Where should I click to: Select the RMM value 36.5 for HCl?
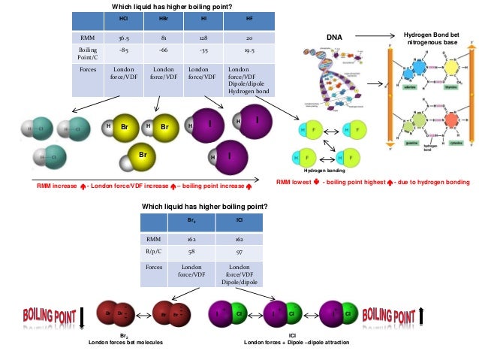tap(124, 38)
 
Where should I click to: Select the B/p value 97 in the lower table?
tap(239, 252)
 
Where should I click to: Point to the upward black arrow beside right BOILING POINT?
tap(423, 316)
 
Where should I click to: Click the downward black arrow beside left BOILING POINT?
tap(82, 316)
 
